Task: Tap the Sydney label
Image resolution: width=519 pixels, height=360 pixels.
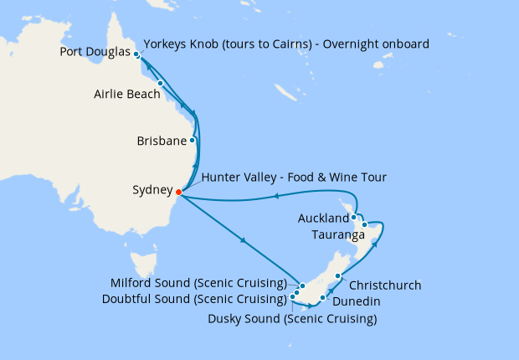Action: tap(153, 191)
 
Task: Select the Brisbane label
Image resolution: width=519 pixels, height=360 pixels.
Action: tap(161, 141)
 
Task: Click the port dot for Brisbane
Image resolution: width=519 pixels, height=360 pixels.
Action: tap(193, 141)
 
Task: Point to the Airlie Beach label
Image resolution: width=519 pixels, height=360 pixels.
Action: tap(127, 95)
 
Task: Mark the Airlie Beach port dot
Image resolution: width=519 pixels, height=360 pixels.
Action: tap(160, 84)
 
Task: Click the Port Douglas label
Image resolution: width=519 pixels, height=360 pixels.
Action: tap(95, 52)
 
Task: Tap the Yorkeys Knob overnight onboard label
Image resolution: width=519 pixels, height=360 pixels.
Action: tap(287, 44)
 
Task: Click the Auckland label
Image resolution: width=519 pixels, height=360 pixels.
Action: tap(322, 219)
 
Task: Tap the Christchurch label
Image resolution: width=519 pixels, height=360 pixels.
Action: tap(384, 285)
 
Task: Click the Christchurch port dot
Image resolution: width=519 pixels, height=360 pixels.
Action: tap(338, 276)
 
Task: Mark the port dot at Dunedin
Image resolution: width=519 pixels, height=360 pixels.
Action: tap(323, 297)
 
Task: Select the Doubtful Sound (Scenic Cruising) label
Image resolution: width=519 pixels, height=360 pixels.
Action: tap(194, 299)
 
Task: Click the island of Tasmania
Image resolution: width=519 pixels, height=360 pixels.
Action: tap(147, 269)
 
